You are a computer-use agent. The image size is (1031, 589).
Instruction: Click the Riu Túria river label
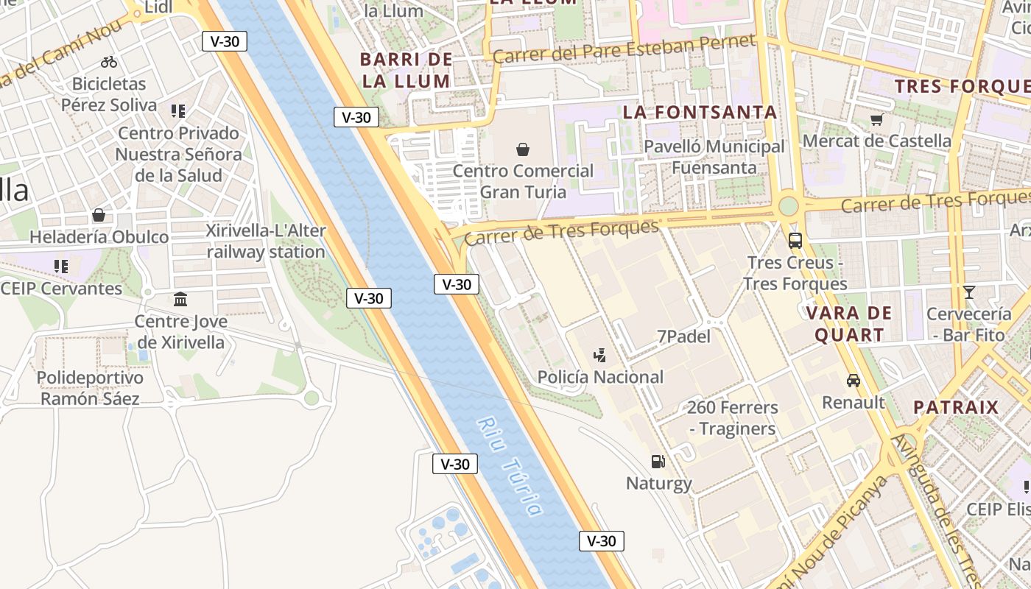510,466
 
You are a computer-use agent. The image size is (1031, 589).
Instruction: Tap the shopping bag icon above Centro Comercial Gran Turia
523,150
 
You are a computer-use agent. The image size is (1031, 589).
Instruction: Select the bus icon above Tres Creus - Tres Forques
795,240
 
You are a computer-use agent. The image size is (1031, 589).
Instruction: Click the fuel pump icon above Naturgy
658,462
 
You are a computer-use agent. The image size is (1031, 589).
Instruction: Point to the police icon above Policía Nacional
600,356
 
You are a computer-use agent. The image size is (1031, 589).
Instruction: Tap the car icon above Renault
854,381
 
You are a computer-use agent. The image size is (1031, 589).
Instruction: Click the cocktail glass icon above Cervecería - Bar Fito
969,292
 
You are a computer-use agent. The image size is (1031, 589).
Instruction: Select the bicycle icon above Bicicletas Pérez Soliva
109,62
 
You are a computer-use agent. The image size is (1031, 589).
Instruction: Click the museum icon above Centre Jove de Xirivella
180,300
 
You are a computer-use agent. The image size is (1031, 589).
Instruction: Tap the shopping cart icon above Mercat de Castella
876,119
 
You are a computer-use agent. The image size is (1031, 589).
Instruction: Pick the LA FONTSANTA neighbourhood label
700,112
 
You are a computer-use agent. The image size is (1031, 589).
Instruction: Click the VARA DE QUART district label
848,324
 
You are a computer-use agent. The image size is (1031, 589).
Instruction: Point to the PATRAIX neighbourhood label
956,407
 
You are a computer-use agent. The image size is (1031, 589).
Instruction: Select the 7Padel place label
683,336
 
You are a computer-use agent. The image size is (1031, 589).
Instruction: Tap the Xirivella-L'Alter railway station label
266,241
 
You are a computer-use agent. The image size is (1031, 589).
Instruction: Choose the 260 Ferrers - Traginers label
732,417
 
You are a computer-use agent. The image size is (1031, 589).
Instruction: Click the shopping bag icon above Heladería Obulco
99,215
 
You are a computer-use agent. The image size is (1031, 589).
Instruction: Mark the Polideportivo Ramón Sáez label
90,388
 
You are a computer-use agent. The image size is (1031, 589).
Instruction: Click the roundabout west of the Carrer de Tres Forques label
789,205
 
